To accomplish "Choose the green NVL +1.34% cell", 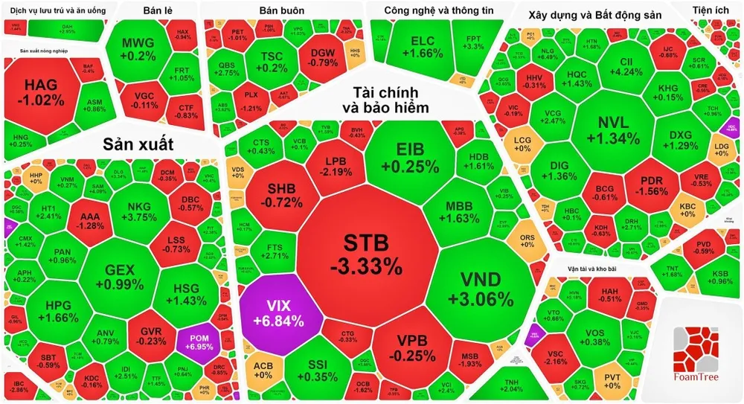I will (612, 130).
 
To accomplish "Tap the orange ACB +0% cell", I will (263, 370).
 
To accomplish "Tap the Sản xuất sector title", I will (138, 143).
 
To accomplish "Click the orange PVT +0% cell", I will (612, 379).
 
